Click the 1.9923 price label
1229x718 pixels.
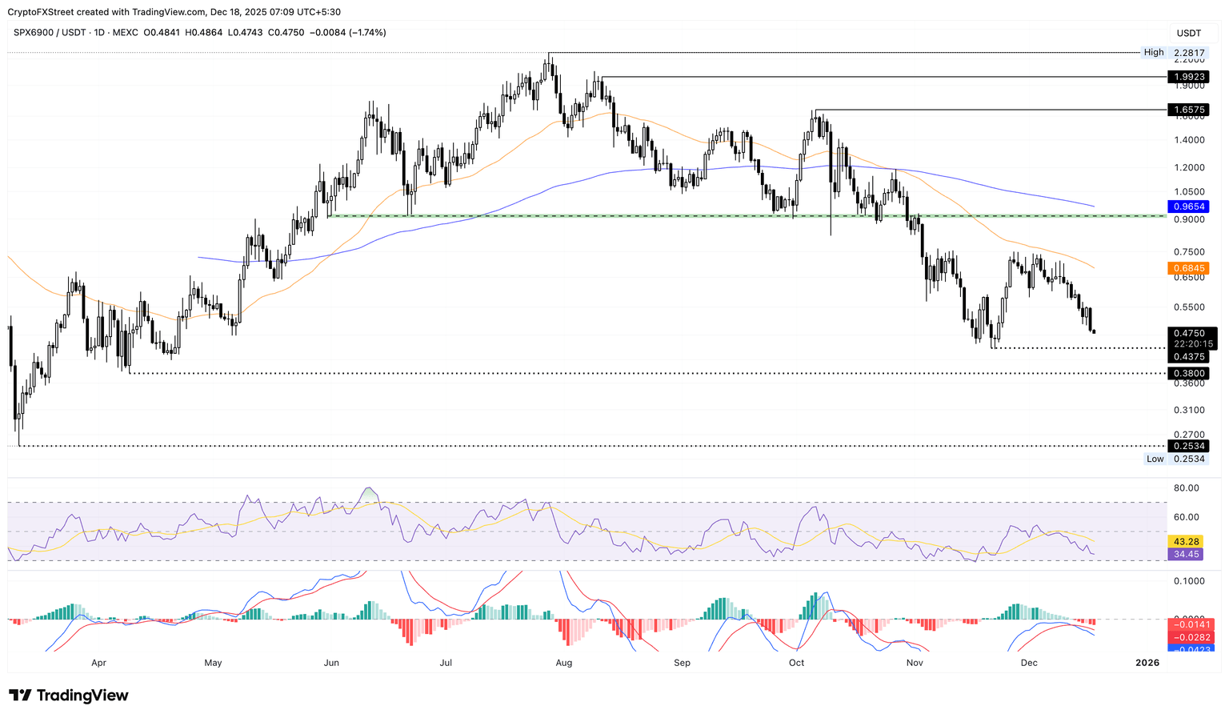coord(1188,77)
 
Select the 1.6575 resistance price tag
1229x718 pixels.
coord(1188,109)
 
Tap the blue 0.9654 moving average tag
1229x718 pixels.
coord(1188,207)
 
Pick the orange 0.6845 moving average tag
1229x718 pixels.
coord(1188,268)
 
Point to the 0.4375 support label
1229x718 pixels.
coord(1188,356)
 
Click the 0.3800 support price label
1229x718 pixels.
coord(1188,373)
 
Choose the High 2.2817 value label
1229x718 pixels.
coord(1188,53)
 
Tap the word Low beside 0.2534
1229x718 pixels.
coord(1155,459)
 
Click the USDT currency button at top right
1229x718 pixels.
coord(1189,33)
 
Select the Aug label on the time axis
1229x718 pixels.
coord(563,663)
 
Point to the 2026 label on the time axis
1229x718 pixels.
coord(1147,663)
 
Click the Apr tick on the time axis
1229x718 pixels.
coord(98,663)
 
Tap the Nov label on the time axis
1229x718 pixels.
coord(915,663)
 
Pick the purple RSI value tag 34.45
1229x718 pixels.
coord(1186,554)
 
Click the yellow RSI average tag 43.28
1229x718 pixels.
coord(1186,542)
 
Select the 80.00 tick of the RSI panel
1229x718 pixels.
coord(1186,488)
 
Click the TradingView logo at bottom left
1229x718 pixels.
coord(69,696)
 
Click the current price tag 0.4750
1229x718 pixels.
coord(1188,333)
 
